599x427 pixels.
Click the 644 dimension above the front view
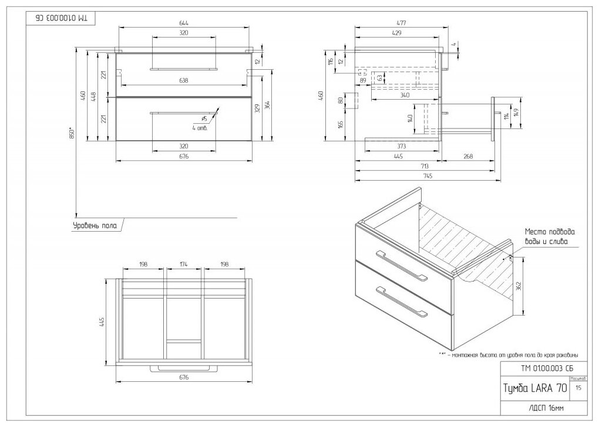click(x=184, y=23)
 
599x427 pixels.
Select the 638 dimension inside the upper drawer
click(x=184, y=80)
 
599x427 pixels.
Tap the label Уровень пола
click(x=95, y=225)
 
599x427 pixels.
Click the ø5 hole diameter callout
click(x=204, y=119)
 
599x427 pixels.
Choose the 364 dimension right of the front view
click(x=267, y=105)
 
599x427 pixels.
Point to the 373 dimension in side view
click(x=401, y=146)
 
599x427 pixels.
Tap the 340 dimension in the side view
click(x=405, y=95)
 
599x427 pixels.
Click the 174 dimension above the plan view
click(x=183, y=265)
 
